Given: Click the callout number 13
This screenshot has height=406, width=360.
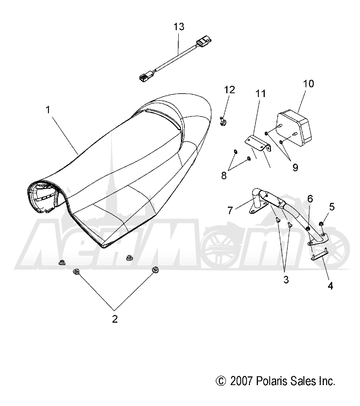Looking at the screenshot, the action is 179,27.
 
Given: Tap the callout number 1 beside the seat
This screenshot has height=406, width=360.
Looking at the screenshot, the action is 48,110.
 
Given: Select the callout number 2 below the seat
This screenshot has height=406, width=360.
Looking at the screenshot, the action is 115,319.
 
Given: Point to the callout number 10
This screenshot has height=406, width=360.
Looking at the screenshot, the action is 308,84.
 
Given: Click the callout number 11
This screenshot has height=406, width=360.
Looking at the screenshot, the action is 261,94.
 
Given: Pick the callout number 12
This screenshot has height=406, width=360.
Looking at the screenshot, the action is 229,89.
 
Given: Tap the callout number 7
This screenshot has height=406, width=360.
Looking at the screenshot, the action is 230,210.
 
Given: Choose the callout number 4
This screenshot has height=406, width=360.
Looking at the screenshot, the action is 330,286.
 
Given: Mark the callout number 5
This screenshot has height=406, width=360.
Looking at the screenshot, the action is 332,207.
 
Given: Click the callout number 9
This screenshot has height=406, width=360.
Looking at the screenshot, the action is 295,167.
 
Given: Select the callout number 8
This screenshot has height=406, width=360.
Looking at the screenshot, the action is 224,175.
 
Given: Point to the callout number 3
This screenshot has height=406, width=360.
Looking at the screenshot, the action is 286,280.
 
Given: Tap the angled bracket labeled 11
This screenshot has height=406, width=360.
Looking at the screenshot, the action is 258,143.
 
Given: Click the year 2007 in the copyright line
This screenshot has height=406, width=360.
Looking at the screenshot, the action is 241,381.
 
